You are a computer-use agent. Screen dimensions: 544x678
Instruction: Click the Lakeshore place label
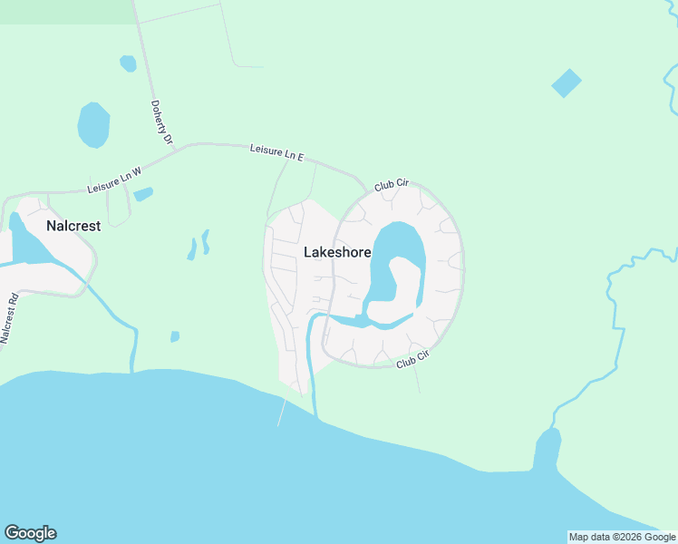pyautogui.click(x=336, y=252)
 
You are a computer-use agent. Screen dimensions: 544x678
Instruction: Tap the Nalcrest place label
pyautogui.click(x=73, y=225)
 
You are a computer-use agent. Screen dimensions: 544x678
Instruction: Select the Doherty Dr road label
pyautogui.click(x=162, y=122)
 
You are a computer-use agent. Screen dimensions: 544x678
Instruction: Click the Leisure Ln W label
pyautogui.click(x=115, y=180)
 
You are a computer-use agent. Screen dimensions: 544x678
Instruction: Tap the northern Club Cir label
pyautogui.click(x=392, y=185)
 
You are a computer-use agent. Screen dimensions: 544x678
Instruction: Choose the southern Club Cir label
pyautogui.click(x=412, y=360)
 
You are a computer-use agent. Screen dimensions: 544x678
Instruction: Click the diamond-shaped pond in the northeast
pyautogui.click(x=567, y=83)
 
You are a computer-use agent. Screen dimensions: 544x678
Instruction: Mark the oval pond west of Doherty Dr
pyautogui.click(x=93, y=125)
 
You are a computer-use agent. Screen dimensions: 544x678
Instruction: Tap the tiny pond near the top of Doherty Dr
pyautogui.click(x=128, y=63)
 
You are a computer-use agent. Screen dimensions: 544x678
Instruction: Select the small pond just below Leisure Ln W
pyautogui.click(x=143, y=194)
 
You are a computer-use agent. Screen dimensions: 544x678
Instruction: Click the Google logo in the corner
pyautogui.click(x=30, y=533)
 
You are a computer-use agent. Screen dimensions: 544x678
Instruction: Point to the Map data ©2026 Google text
pyautogui.click(x=622, y=537)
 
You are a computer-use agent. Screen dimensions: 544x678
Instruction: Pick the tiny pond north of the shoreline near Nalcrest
pyautogui.click(x=175, y=336)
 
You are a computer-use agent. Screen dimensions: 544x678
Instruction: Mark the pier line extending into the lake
pyautogui.click(x=282, y=413)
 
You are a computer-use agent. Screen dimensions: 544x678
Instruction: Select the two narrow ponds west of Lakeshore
pyautogui.click(x=199, y=245)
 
